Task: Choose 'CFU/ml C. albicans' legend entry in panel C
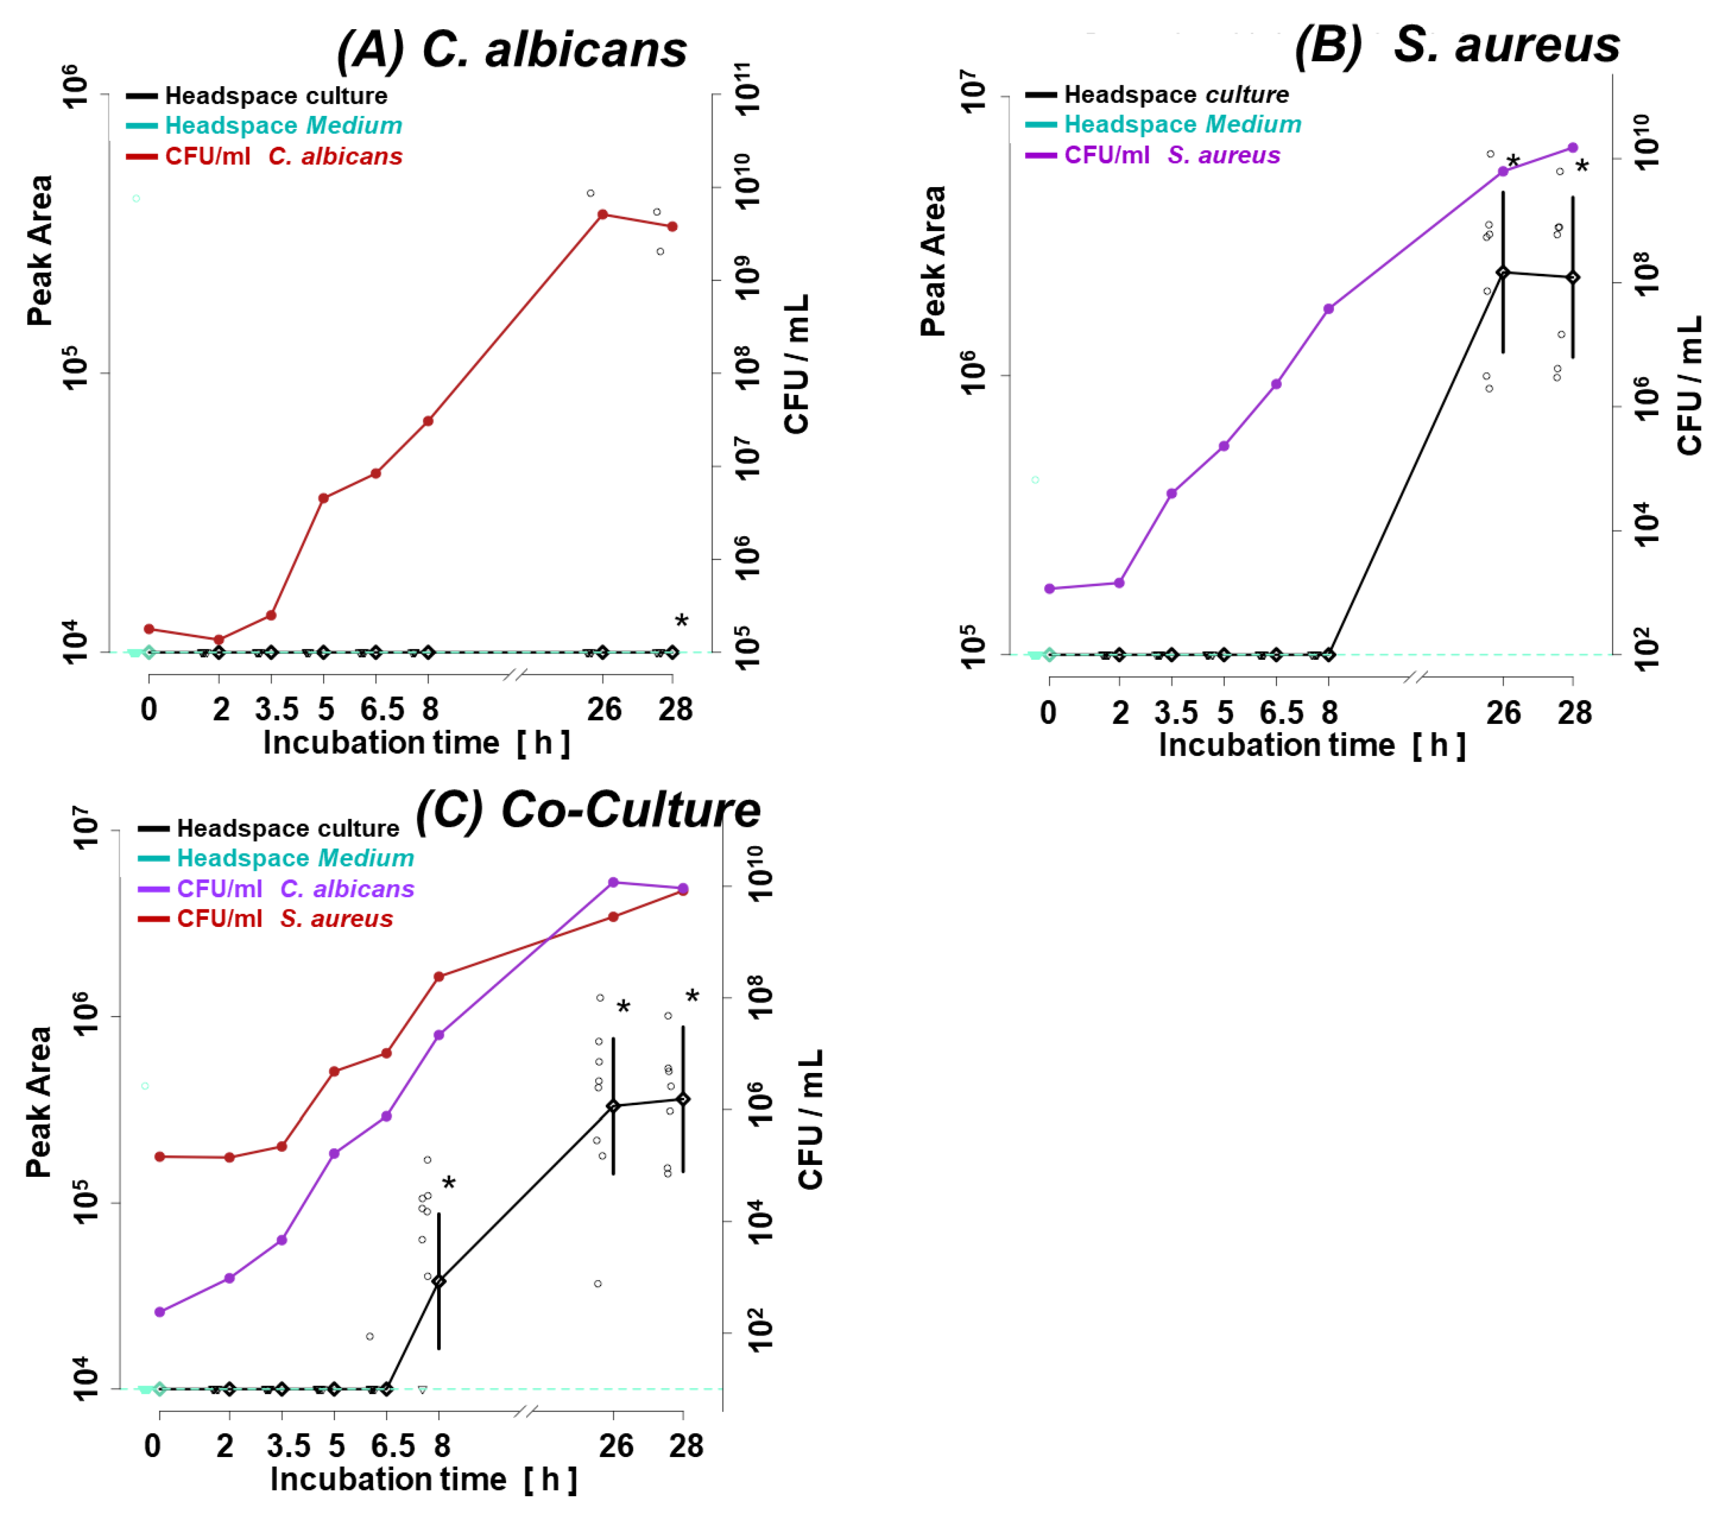(x=294, y=889)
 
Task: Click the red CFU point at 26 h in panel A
(x=602, y=215)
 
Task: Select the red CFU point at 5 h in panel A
(x=323, y=498)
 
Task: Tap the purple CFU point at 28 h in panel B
(x=1573, y=148)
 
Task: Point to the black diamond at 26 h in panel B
(x=1503, y=272)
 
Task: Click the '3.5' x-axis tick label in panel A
(x=277, y=710)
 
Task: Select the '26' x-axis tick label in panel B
(x=1503, y=713)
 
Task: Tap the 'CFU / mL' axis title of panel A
(x=796, y=364)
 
